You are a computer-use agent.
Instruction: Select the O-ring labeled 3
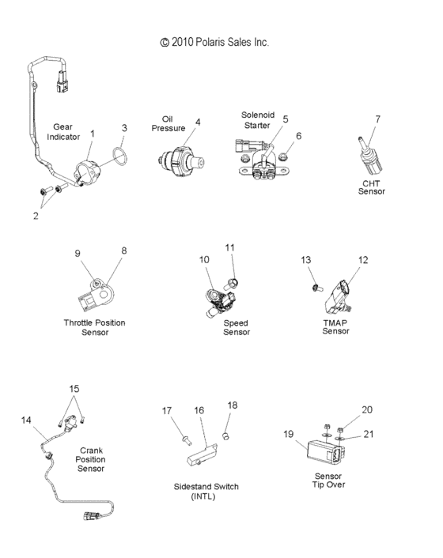(x=116, y=157)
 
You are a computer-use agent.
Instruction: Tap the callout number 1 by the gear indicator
(x=92, y=134)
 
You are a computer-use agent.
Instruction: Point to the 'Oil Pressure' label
(x=168, y=123)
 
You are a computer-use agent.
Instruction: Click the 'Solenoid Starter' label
(x=258, y=119)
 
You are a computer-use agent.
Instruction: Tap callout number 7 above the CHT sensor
(x=377, y=119)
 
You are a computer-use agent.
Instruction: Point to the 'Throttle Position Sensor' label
(x=94, y=327)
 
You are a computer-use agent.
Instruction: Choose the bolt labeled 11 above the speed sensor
(x=233, y=281)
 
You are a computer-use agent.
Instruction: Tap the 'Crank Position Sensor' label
(x=91, y=459)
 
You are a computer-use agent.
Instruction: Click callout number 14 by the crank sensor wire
(x=27, y=420)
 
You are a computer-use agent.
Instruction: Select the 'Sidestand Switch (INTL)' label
(x=206, y=491)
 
